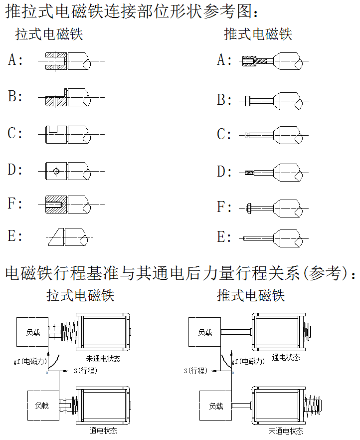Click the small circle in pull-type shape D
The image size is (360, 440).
pos(56,171)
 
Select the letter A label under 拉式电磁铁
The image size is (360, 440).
pos(15,60)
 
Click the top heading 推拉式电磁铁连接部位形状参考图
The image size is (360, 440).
pos(132,11)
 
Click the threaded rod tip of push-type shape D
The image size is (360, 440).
pos(249,173)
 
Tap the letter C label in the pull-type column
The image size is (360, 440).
pos(15,134)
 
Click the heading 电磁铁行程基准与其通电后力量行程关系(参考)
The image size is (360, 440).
pos(180,273)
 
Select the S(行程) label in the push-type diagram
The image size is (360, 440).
pos(195,371)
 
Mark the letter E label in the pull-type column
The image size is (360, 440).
pos(15,236)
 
